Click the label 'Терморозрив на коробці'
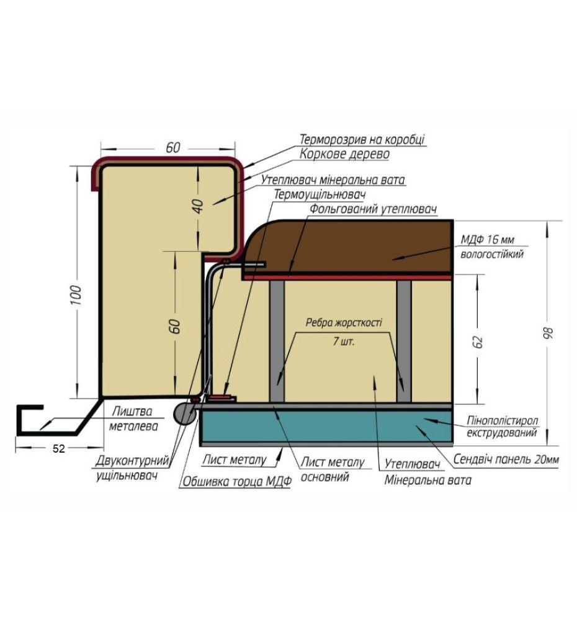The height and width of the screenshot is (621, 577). tap(362, 139)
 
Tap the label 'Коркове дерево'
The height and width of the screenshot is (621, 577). tap(344, 153)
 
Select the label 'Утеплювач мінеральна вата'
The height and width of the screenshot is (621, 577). tap(333, 180)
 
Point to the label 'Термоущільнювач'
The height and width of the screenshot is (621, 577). tap(320, 194)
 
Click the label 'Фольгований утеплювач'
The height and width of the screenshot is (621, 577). tap(373, 209)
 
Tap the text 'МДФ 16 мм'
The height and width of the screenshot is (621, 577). tap(487, 240)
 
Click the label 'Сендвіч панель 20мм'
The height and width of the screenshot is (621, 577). tap(506, 459)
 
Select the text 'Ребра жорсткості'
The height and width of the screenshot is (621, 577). tap(344, 322)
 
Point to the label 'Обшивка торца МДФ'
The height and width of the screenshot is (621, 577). tap(236, 481)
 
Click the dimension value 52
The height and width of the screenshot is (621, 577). tap(58, 449)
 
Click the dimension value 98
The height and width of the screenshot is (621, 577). tap(548, 333)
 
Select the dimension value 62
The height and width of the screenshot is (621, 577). tap(478, 342)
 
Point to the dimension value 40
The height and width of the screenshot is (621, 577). tap(197, 206)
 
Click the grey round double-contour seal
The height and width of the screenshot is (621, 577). tap(184, 413)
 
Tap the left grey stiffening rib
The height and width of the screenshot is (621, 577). tap(277, 341)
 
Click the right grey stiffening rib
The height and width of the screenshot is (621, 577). tap(404, 341)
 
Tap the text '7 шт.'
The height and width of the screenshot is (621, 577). tap(344, 341)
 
